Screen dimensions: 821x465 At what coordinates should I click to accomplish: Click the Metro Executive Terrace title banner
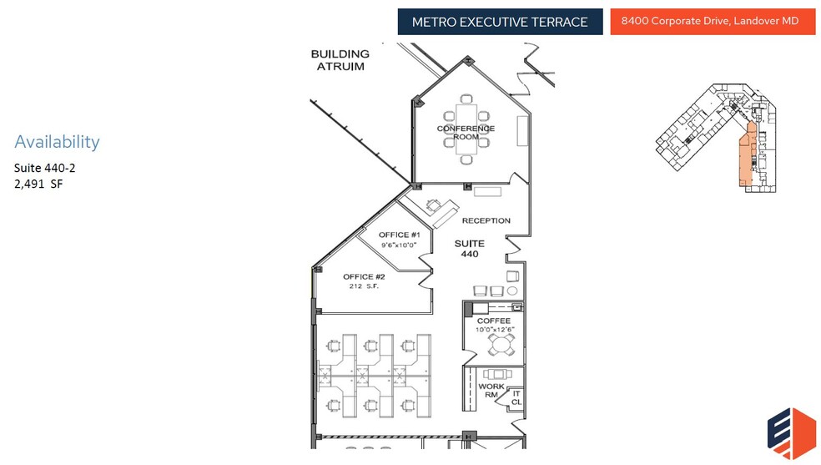tap(500, 22)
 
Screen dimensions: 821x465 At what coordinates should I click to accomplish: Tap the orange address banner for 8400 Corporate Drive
tap(713, 22)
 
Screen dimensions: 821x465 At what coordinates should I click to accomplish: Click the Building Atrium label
tap(340, 60)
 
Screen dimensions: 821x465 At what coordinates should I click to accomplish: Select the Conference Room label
tap(466, 133)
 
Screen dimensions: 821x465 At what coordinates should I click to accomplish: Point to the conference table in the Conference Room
tap(466, 129)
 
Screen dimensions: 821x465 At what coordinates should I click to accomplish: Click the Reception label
tap(486, 220)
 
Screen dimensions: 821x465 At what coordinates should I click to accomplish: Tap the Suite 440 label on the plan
tap(470, 249)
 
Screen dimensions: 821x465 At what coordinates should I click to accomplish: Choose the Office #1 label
tap(400, 235)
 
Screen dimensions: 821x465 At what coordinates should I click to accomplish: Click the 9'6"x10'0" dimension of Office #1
tap(399, 245)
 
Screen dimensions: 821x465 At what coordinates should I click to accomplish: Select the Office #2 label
tap(364, 276)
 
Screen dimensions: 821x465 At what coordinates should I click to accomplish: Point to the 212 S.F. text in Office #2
tap(364, 286)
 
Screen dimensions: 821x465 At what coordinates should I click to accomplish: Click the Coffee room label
tap(494, 321)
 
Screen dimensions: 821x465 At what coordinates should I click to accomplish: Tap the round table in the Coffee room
tap(501, 345)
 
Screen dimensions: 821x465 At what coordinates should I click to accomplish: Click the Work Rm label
tap(491, 391)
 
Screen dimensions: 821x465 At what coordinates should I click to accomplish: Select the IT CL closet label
tap(516, 398)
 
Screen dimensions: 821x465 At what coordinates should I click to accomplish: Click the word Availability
tap(57, 141)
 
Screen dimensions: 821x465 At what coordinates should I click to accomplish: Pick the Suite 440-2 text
tap(44, 168)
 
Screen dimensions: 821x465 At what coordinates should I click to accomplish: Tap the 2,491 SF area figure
tap(38, 184)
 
